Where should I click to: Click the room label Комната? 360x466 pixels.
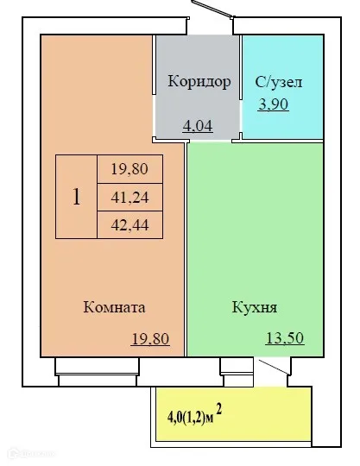tap(114, 307)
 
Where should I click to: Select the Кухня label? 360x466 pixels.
tap(254, 307)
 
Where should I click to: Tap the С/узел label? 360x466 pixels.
tap(279, 83)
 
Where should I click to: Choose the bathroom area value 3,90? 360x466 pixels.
tap(275, 104)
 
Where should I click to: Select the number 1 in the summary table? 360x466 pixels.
tap(76, 197)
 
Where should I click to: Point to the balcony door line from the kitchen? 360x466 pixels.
tap(275, 369)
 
